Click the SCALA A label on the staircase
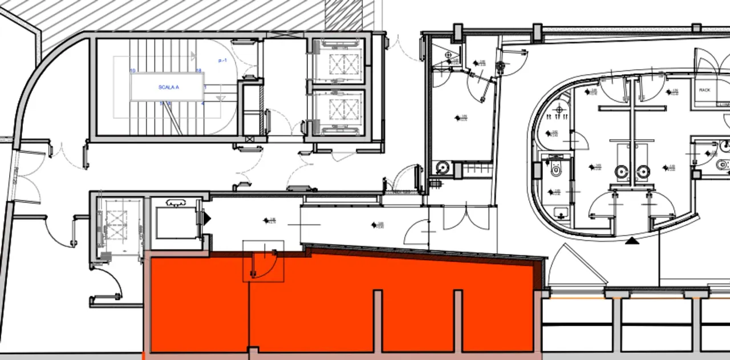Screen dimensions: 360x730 [169, 87]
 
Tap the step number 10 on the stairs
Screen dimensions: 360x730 [133, 71]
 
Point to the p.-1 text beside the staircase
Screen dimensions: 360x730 [222, 60]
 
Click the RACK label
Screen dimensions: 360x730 [704, 90]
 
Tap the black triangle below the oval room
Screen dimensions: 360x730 [631, 241]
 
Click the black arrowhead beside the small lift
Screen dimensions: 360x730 [208, 217]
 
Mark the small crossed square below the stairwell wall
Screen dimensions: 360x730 [249, 139]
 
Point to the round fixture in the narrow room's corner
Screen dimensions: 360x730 [442, 168]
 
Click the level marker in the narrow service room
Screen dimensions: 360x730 [457, 118]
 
